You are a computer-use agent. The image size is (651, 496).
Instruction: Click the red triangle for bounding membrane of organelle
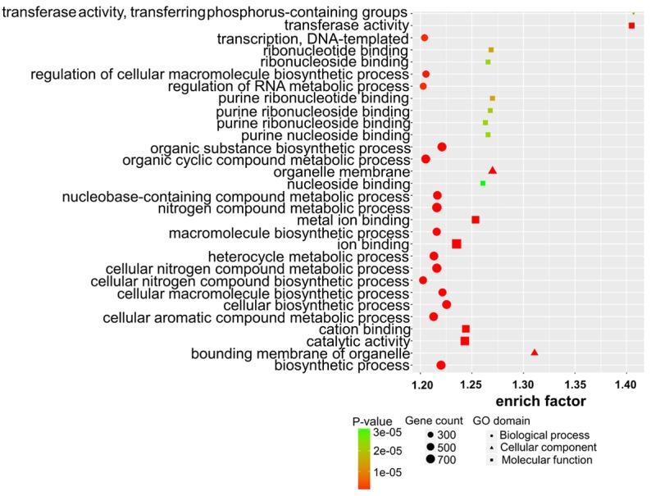pos(535,353)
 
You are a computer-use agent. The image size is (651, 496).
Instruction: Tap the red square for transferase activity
pos(631,26)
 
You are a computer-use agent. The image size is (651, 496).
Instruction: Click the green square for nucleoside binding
pos(483,183)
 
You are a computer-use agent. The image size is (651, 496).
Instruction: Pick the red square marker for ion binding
pos(457,243)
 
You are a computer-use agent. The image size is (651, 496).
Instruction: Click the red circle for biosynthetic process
pos(441,365)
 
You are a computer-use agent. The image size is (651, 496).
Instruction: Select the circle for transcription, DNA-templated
pos(425,39)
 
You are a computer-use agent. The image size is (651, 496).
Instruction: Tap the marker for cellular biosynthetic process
pos(447,304)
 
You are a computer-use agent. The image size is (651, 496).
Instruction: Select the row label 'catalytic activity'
pos(357,341)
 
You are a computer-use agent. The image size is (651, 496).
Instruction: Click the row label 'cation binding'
pos(366,329)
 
